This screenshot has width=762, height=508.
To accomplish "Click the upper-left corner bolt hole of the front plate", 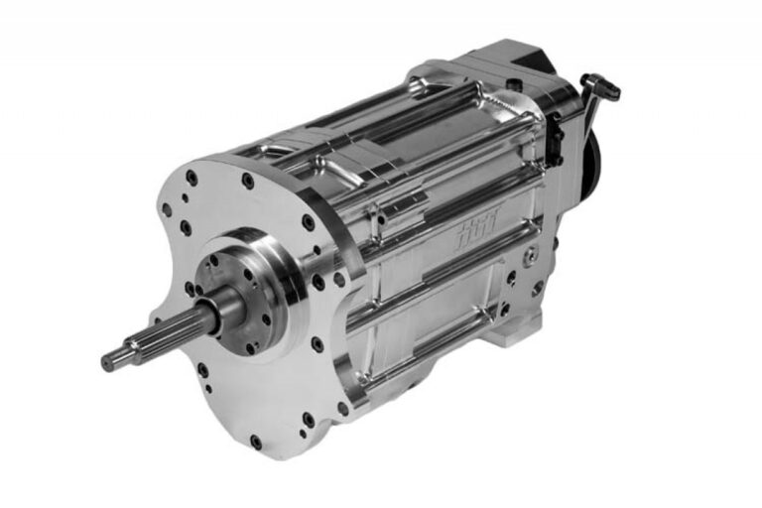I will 190,178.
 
